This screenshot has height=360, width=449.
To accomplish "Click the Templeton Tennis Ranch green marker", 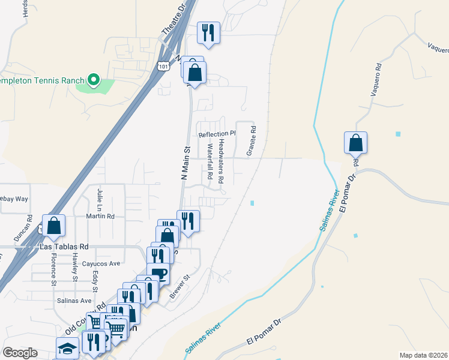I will coord(93,80).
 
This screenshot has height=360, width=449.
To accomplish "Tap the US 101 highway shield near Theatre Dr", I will coord(163,67).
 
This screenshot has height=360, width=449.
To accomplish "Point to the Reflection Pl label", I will coord(217,134).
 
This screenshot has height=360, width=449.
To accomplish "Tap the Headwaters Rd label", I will coord(221,161).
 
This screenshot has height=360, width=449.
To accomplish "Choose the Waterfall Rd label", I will coord(211,161).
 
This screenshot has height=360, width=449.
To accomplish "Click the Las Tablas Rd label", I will coord(64,247).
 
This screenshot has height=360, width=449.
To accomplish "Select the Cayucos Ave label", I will coord(101,263).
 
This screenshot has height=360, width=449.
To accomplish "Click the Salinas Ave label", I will coord(74,301).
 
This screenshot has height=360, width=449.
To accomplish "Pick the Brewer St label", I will coord(179,286).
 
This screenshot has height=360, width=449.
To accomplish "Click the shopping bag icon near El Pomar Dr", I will coord(355,143).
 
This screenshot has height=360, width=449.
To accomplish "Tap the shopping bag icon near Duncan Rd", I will coord(53,226).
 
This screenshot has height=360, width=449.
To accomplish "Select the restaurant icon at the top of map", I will coord(209,32).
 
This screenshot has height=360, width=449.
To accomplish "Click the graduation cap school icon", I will coord(67,348).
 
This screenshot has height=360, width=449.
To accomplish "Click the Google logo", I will coord(20,353).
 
